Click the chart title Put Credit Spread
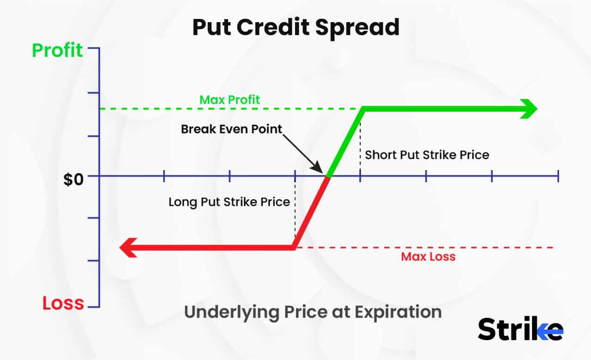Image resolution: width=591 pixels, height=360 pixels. (x=295, y=28)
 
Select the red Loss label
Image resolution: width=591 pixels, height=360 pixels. (x=63, y=303)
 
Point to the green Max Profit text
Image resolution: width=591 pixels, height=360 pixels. (x=229, y=99)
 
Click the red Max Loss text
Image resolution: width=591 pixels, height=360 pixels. (x=428, y=257)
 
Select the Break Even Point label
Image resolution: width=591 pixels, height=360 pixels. (x=231, y=129)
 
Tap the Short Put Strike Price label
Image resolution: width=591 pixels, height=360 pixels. (x=427, y=154)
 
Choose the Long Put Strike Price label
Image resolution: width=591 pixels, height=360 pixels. (x=229, y=202)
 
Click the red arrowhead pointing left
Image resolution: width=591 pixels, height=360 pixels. (x=129, y=248)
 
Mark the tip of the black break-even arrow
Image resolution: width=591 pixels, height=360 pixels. (x=322, y=170)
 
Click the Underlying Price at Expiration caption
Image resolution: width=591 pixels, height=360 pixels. (x=313, y=312)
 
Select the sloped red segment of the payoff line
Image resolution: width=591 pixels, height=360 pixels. (x=311, y=212)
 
